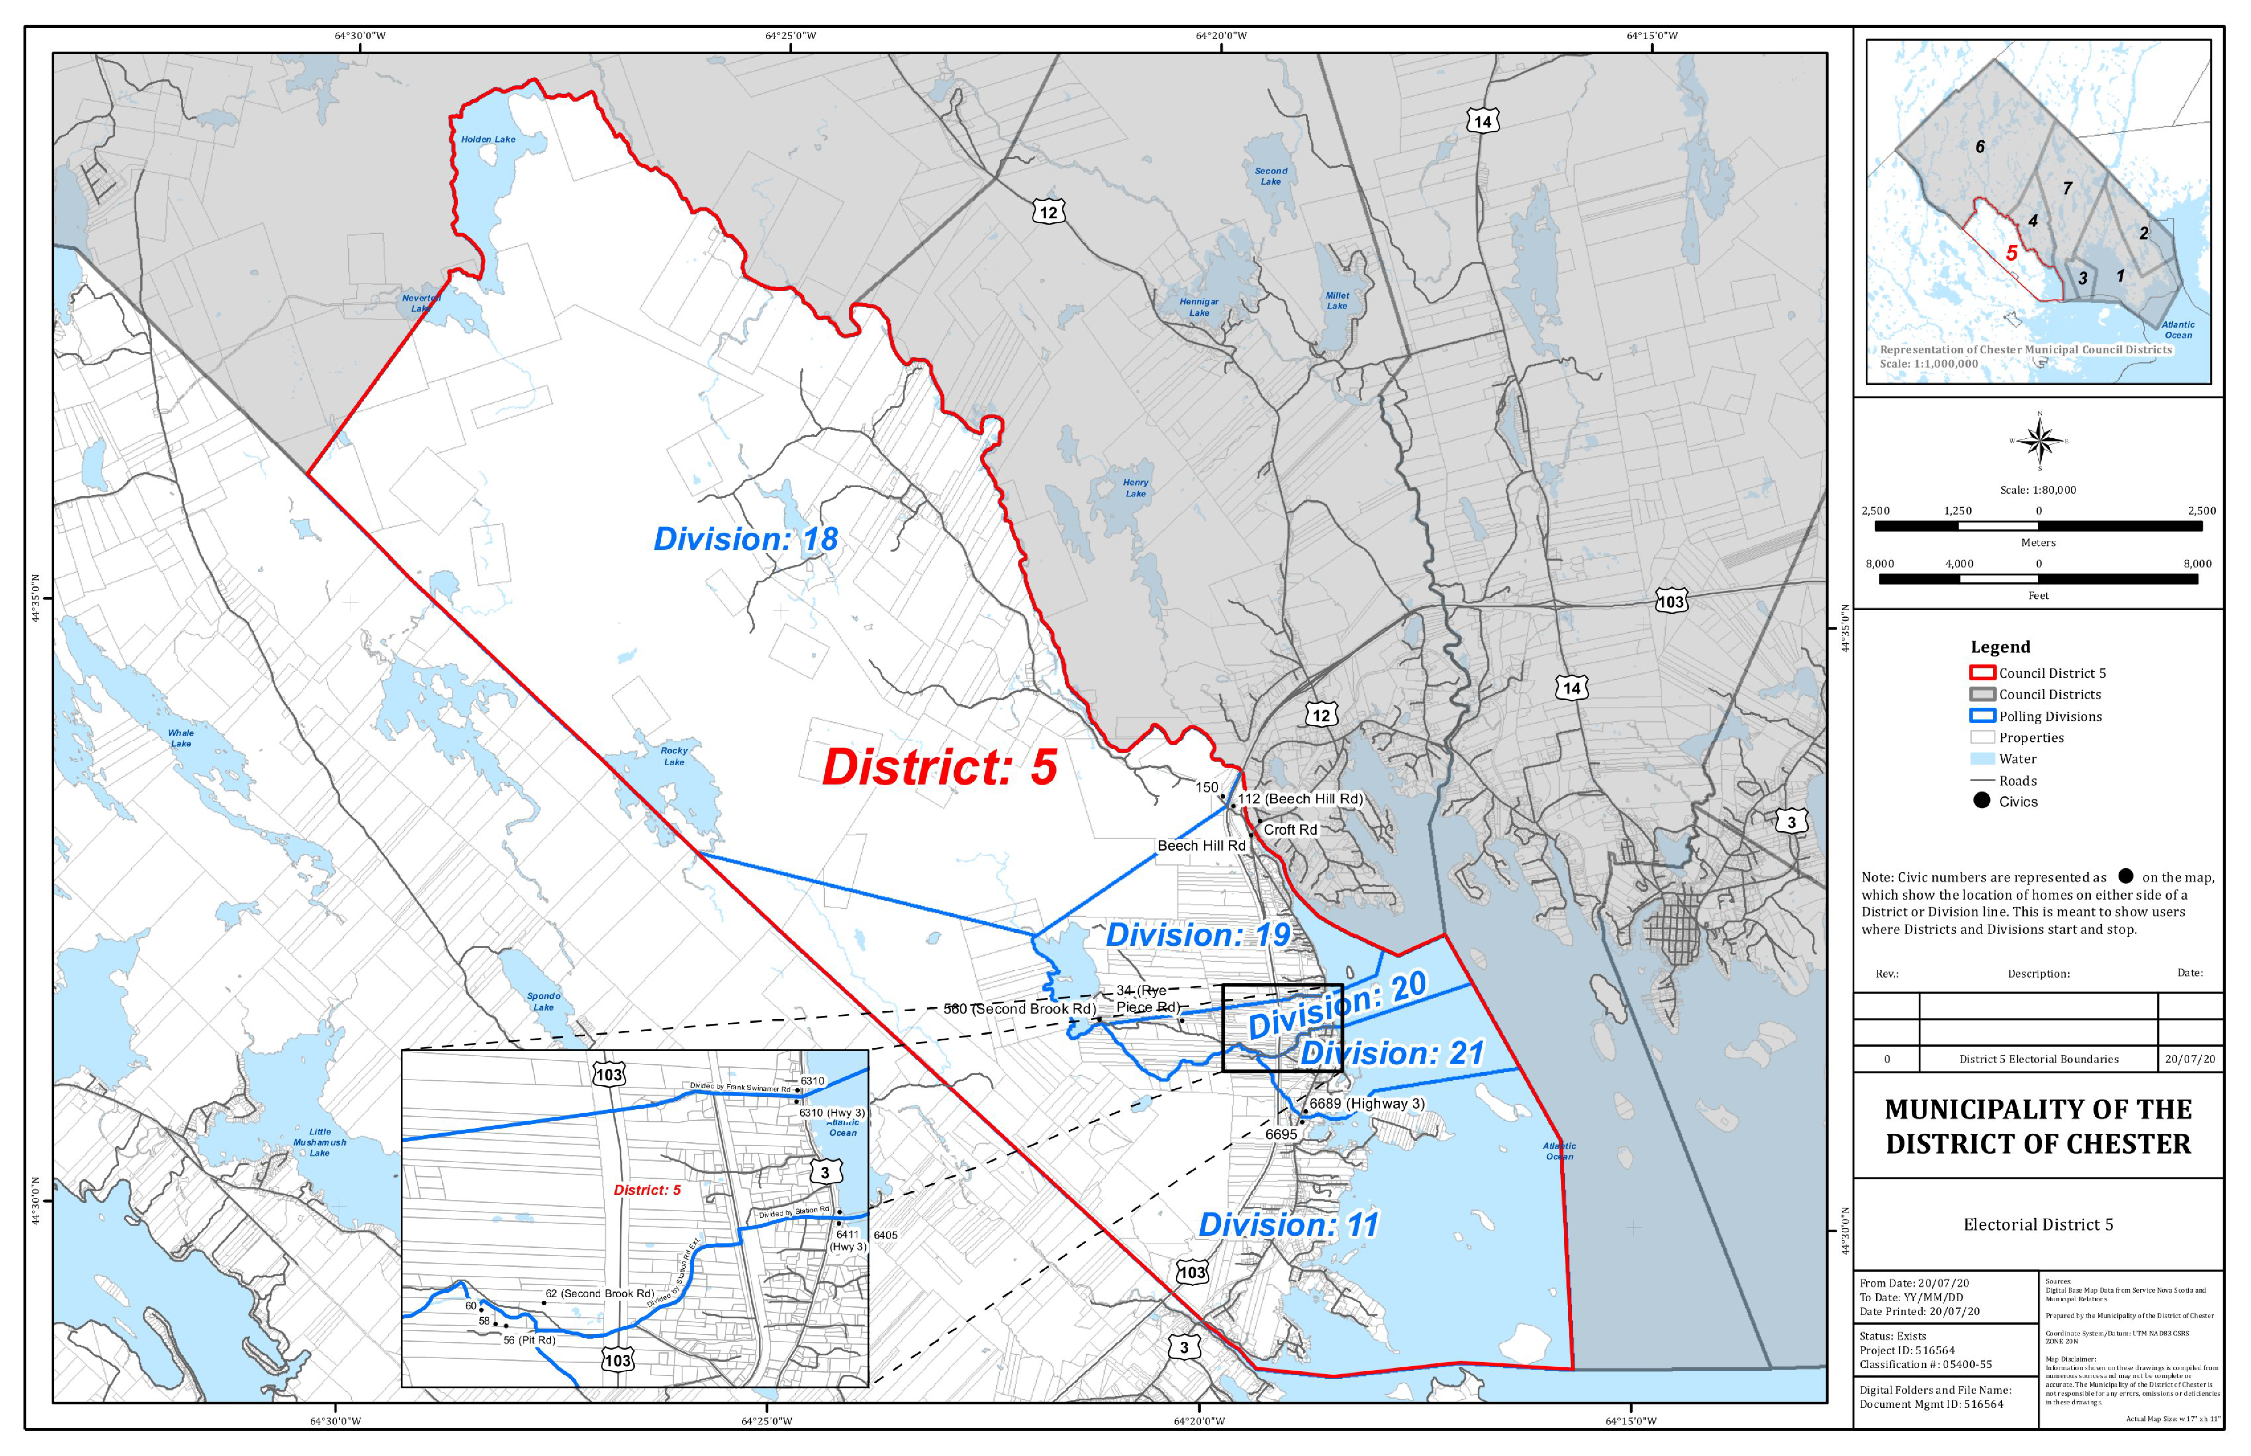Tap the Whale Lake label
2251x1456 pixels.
(181, 737)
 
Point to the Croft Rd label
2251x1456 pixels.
(1290, 829)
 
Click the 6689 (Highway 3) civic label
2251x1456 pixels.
(1366, 1103)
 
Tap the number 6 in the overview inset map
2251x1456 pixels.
(1980, 146)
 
